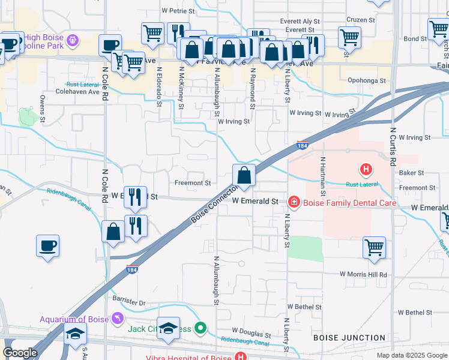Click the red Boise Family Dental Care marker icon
tap(294, 202)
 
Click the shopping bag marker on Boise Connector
tap(244, 176)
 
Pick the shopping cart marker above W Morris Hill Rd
tap(374, 247)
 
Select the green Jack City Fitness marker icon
tap(201, 328)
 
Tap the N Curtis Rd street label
tap(393, 146)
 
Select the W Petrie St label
tap(178, 11)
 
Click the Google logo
tap(20, 353)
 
